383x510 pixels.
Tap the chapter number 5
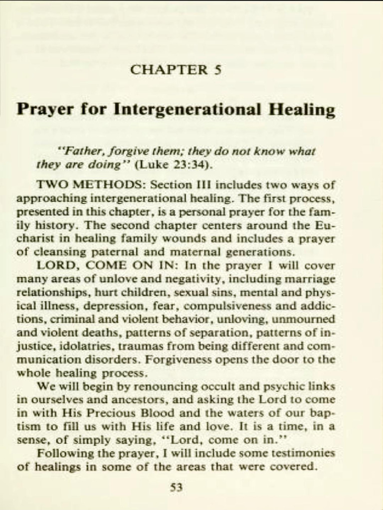pos(217,69)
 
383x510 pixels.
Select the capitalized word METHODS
pos(108,185)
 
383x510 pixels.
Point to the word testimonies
pos(302,453)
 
